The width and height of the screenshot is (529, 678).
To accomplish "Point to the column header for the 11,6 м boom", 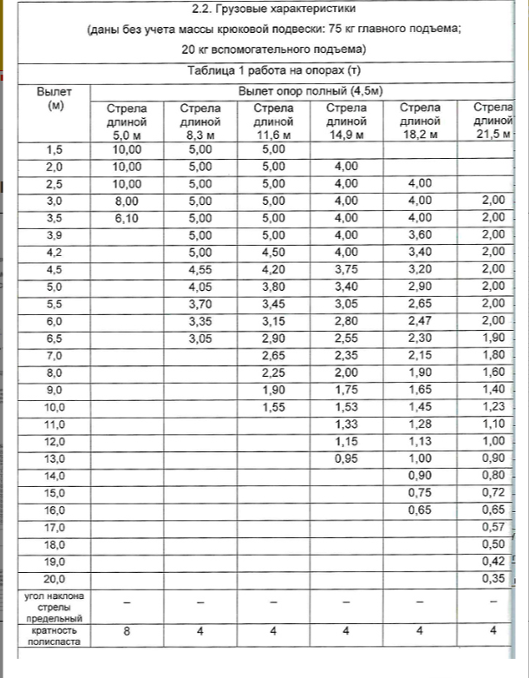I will pyautogui.click(x=273, y=122).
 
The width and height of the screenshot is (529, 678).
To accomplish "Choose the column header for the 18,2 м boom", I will pyautogui.click(x=421, y=122).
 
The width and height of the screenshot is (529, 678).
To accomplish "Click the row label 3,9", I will pyautogui.click(x=55, y=234).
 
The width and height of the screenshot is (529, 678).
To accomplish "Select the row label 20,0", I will pyautogui.click(x=55, y=578).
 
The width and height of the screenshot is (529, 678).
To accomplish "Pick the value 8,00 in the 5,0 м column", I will pyautogui.click(x=127, y=201).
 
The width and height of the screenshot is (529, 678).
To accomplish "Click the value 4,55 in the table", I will pyautogui.click(x=199, y=269).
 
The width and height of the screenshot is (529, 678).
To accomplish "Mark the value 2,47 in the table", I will pyautogui.click(x=421, y=321).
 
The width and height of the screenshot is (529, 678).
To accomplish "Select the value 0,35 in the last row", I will pyautogui.click(x=493, y=578).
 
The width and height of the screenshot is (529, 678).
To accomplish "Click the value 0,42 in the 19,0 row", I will pyautogui.click(x=493, y=561).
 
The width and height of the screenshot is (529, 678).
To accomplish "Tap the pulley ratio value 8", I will pyautogui.click(x=127, y=631).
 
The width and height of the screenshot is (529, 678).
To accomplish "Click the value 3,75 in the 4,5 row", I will pyautogui.click(x=347, y=269).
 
